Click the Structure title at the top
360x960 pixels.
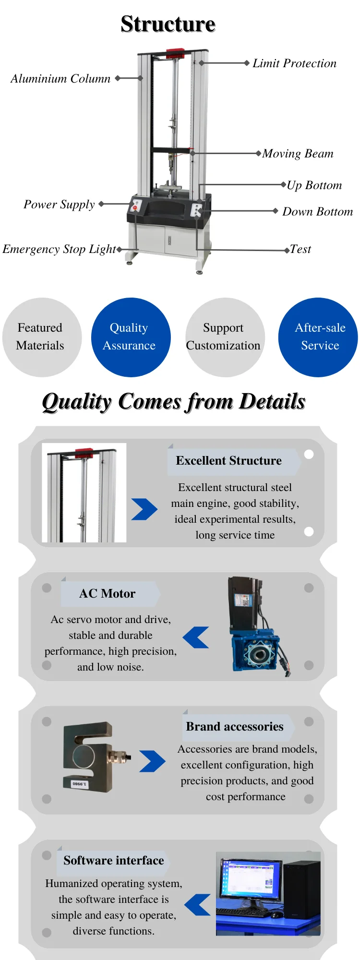168,24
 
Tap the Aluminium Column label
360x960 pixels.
60,79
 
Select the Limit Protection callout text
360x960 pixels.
294,63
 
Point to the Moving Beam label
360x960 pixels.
298,154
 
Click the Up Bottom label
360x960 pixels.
314,185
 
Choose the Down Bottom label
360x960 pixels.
317,212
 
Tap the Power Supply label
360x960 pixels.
59,204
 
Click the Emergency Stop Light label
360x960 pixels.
59,249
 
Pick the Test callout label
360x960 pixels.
300,249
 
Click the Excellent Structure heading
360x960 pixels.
228,461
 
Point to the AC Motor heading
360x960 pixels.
107,594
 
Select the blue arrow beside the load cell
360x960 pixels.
152,761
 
